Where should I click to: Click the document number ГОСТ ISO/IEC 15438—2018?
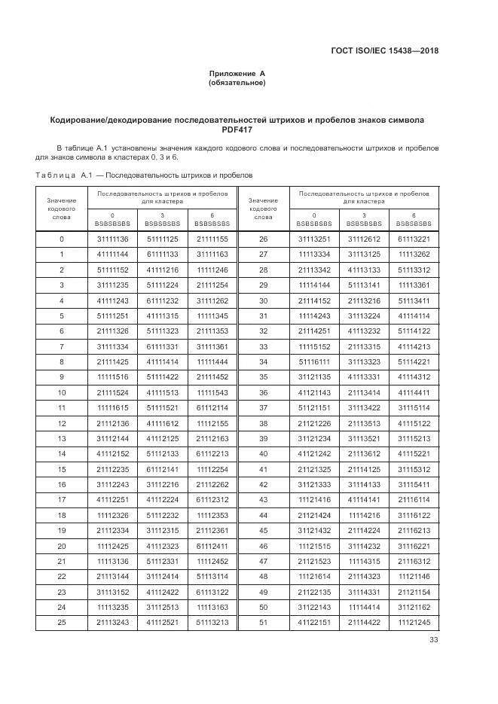coord(383,51)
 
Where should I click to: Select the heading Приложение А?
coord(237,74)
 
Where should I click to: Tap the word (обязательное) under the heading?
coord(237,83)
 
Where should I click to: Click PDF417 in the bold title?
coord(237,130)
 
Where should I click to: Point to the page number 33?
coord(433,640)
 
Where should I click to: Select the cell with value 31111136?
coord(112,239)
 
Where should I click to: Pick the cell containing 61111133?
coord(162,254)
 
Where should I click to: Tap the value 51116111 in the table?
coord(313,362)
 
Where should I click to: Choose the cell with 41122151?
coord(313,622)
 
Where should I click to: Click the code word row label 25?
coord(62,622)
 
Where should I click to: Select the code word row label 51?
coord(263,622)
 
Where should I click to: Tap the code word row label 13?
coord(62,438)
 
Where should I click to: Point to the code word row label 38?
coord(263,423)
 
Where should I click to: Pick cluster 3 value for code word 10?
coord(162,392)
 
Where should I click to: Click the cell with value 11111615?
coord(112,407)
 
